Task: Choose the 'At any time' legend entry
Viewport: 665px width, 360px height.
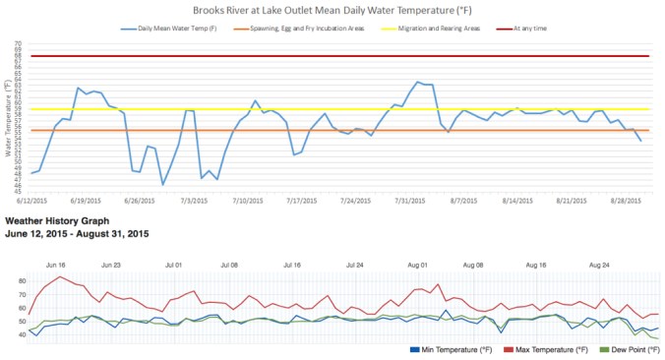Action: (532, 30)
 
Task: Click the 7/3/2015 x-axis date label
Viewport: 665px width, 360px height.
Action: (194, 200)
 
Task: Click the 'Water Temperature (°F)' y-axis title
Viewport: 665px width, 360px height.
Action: (8, 119)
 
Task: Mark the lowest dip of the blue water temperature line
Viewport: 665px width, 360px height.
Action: (163, 184)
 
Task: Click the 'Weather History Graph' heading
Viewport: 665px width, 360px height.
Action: (57, 222)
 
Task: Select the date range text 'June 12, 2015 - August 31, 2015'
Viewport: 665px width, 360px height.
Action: (77, 234)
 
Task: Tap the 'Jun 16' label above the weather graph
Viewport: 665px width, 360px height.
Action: (56, 265)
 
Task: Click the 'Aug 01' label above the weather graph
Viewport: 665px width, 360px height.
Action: (417, 265)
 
